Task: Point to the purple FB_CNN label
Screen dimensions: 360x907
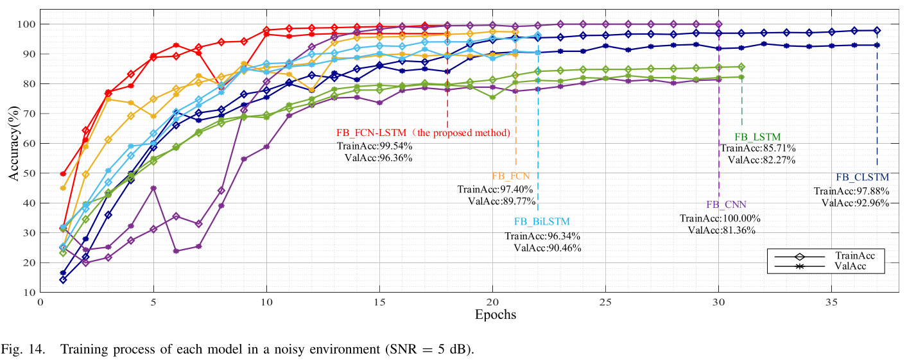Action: pyautogui.click(x=727, y=205)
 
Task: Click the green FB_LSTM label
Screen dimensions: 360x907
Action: pyautogui.click(x=757, y=137)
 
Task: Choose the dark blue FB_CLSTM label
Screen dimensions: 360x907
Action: pyautogui.click(x=862, y=177)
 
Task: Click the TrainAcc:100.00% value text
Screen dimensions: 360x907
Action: pyautogui.click(x=718, y=218)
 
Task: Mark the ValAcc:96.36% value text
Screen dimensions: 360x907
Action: pyautogui.click(x=378, y=158)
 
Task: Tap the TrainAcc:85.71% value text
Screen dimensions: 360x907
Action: pyautogui.click(x=757, y=148)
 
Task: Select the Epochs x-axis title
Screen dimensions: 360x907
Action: pyautogui.click(x=495, y=314)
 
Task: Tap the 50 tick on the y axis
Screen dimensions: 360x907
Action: pyautogui.click(x=29, y=173)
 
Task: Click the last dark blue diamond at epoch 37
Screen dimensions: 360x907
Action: pyautogui.click(x=877, y=30)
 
